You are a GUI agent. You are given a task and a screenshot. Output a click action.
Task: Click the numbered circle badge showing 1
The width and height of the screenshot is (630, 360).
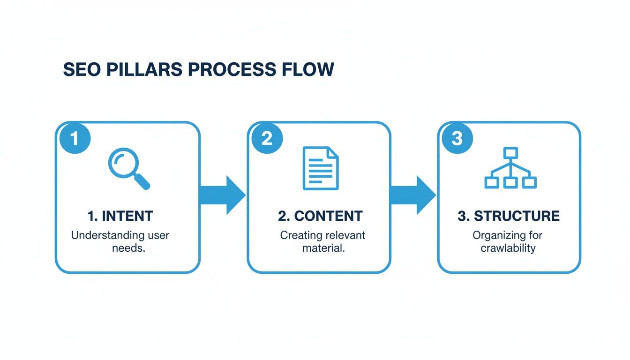[x=74, y=139]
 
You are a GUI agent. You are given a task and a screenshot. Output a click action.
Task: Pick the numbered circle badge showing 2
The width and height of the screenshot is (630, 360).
[x=266, y=139]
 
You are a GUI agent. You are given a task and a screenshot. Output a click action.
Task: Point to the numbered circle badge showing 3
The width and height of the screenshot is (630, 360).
[x=457, y=139]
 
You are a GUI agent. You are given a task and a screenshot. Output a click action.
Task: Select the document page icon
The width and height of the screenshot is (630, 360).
[x=321, y=168]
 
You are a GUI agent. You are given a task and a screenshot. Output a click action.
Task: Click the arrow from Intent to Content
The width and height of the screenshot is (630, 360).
[x=223, y=195]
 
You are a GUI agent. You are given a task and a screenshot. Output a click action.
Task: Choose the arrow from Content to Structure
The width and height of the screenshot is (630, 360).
[x=413, y=195]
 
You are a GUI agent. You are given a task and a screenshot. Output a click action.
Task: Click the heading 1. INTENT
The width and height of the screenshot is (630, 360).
[x=120, y=216]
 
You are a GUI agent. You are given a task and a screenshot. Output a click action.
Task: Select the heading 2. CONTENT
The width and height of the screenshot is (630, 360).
[x=320, y=216]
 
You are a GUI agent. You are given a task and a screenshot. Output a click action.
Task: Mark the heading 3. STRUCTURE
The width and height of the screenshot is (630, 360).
[x=509, y=216]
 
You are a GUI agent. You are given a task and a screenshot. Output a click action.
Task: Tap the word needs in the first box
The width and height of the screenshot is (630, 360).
[x=128, y=248]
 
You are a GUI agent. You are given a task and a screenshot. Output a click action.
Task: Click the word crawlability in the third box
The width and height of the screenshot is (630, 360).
[x=508, y=248]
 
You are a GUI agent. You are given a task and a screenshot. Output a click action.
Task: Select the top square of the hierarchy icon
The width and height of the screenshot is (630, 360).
[x=510, y=152]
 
